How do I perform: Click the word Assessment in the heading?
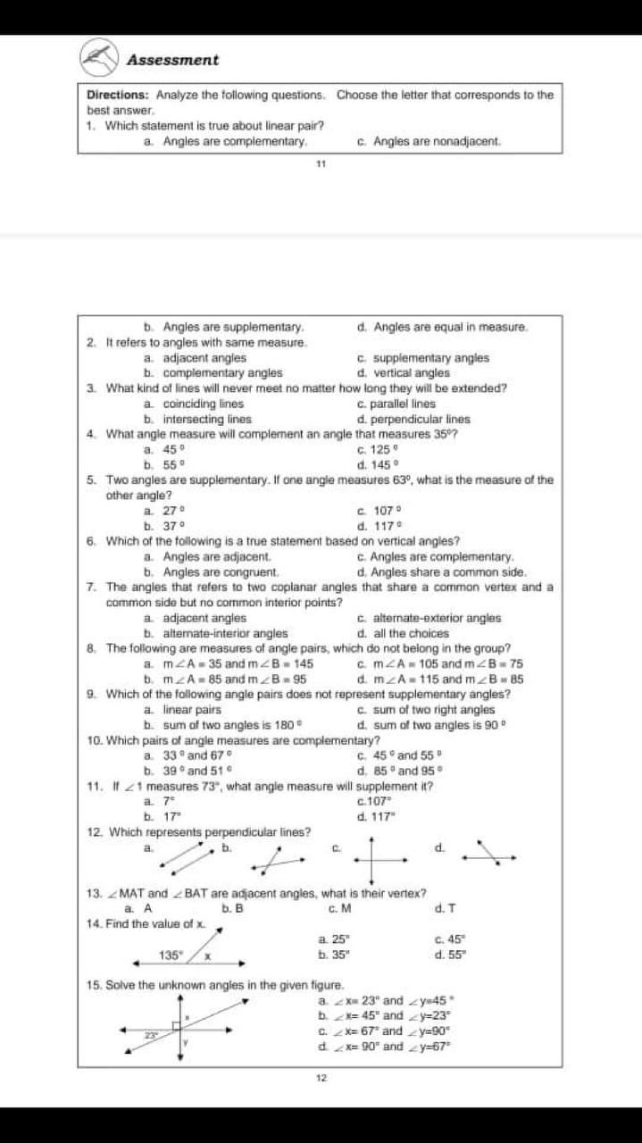(x=172, y=60)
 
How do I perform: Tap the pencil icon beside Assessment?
(x=99, y=58)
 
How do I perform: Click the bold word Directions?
(x=119, y=95)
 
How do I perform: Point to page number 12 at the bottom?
(x=321, y=1078)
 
